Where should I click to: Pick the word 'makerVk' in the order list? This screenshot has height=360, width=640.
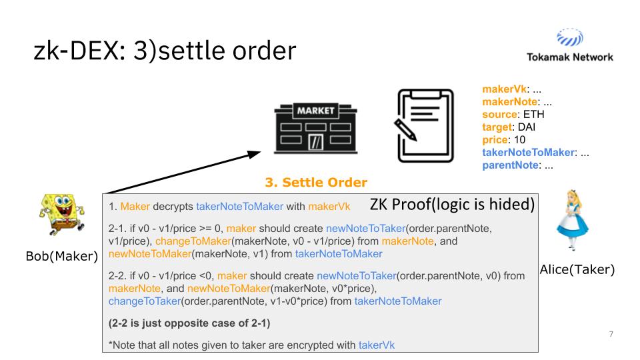[501, 89]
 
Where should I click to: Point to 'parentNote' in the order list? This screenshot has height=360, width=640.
[508, 163]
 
